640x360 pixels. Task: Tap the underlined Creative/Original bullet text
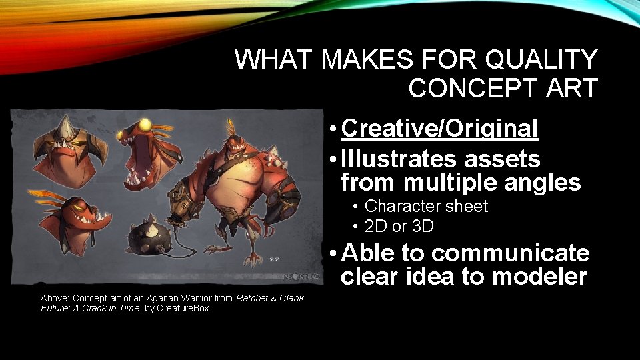pyautogui.click(x=439, y=129)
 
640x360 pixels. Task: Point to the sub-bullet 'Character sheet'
pyautogui.click(x=426, y=207)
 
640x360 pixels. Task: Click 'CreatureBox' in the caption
pyautogui.click(x=183, y=308)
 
